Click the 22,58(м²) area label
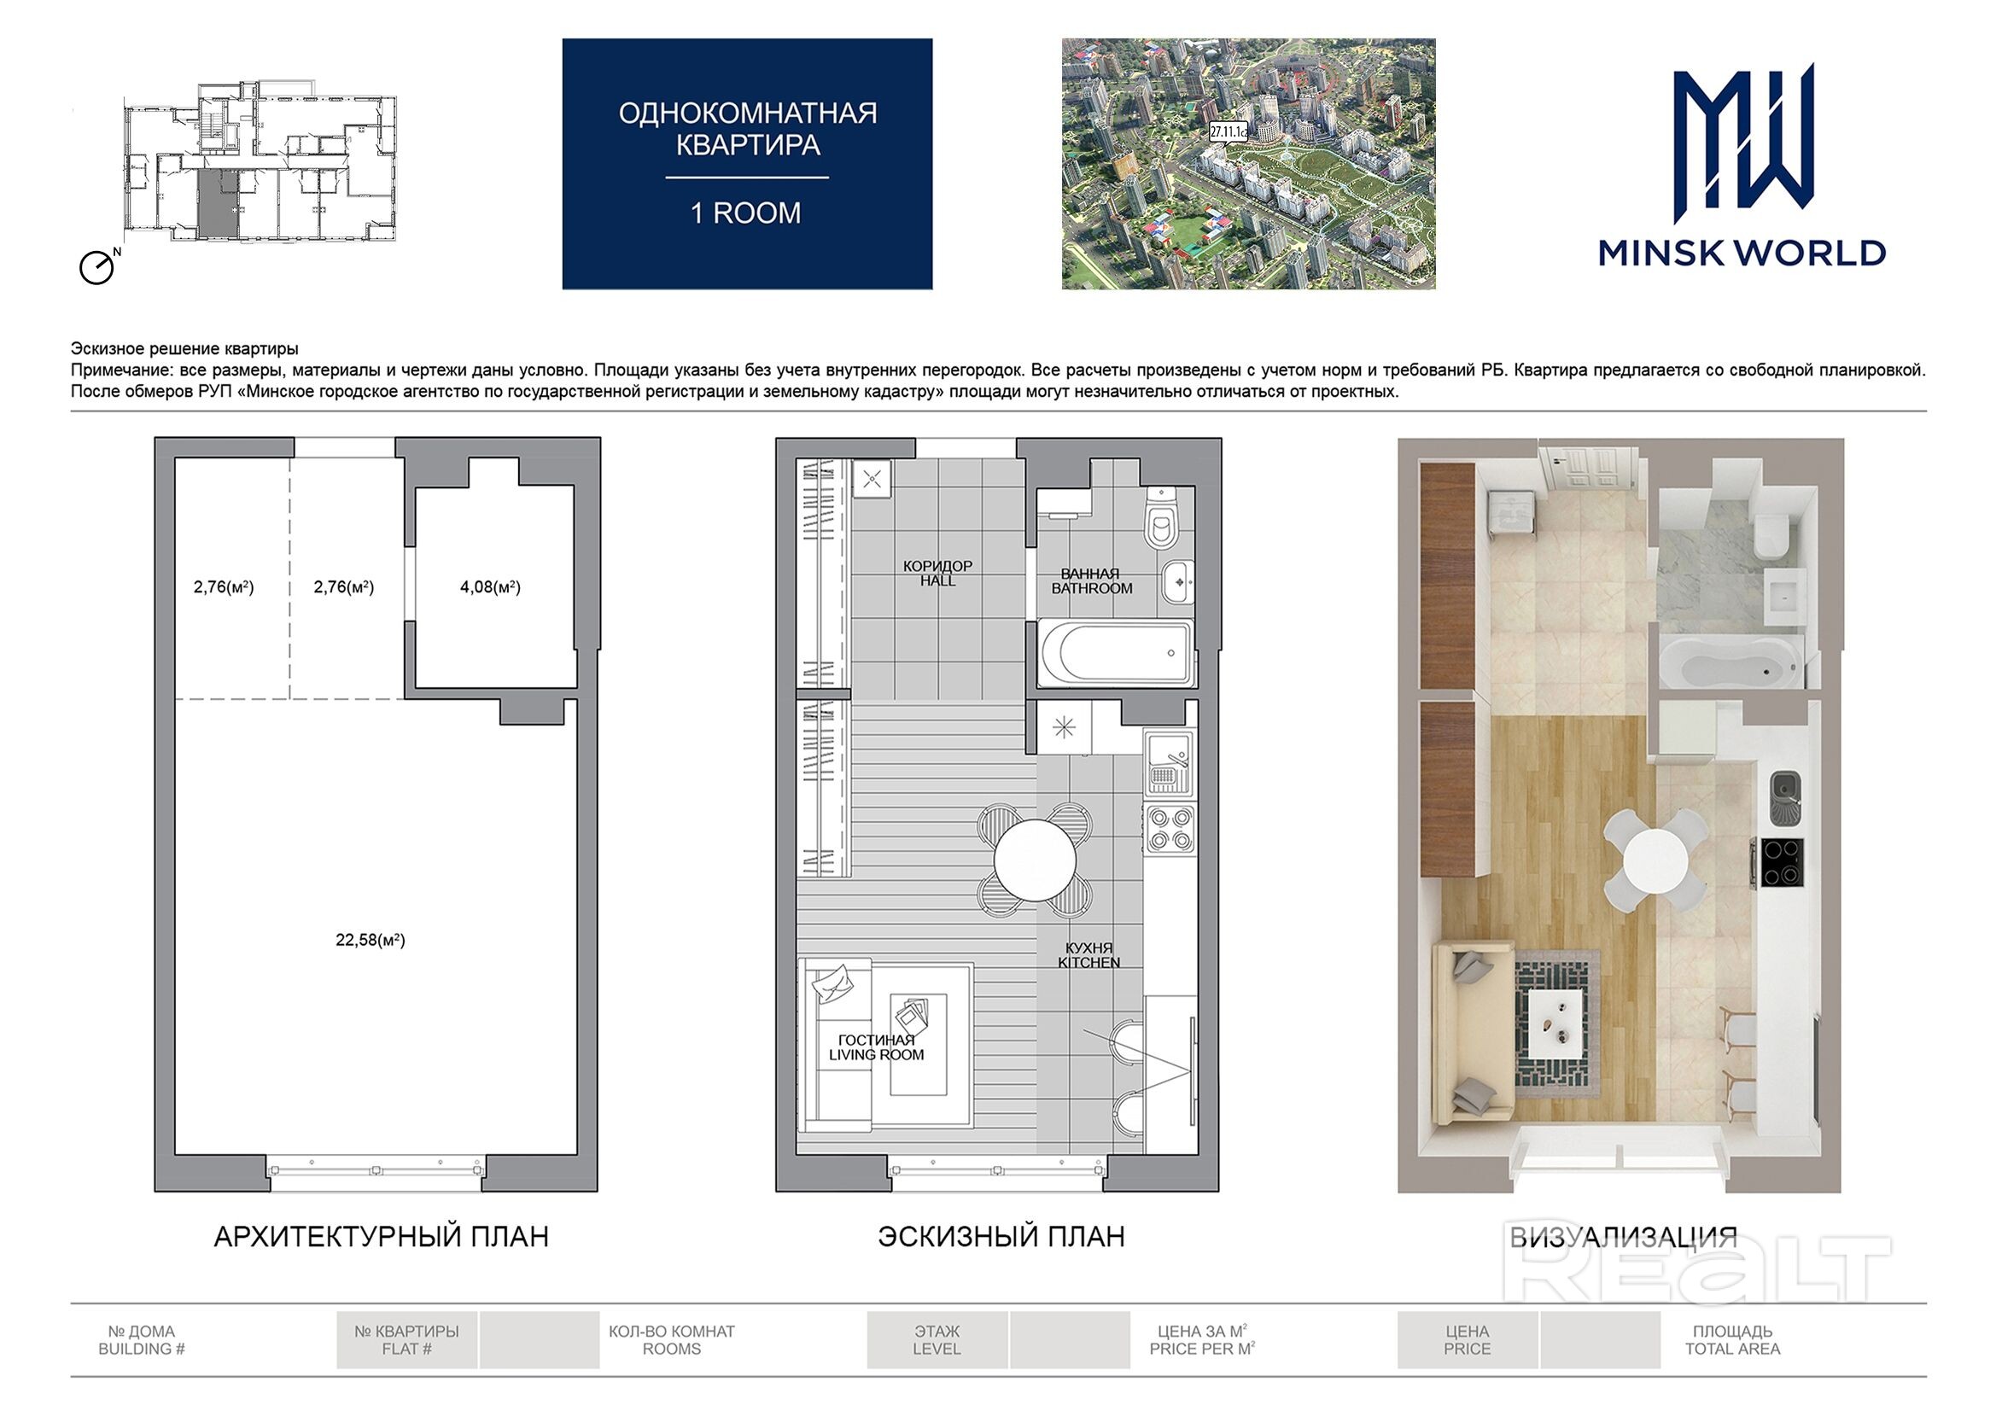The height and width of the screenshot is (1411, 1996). click(x=371, y=940)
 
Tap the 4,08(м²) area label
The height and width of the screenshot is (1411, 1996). click(x=490, y=586)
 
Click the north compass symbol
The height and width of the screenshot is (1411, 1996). click(x=96, y=268)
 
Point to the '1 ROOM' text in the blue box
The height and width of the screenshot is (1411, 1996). click(x=746, y=213)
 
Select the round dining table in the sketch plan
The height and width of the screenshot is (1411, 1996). click(x=1035, y=860)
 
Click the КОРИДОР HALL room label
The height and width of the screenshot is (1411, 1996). click(x=938, y=573)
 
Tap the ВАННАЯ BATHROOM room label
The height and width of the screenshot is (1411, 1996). click(x=1091, y=580)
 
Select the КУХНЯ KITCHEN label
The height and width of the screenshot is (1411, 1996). click(x=1088, y=955)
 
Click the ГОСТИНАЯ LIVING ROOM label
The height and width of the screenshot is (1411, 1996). click(x=876, y=1047)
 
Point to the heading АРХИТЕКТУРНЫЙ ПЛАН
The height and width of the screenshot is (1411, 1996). click(x=382, y=1237)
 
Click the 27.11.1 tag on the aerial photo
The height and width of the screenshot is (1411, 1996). click(x=1229, y=132)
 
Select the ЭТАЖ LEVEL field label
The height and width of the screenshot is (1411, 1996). click(x=937, y=1339)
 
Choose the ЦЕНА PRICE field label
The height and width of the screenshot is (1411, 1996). click(x=1468, y=1339)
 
